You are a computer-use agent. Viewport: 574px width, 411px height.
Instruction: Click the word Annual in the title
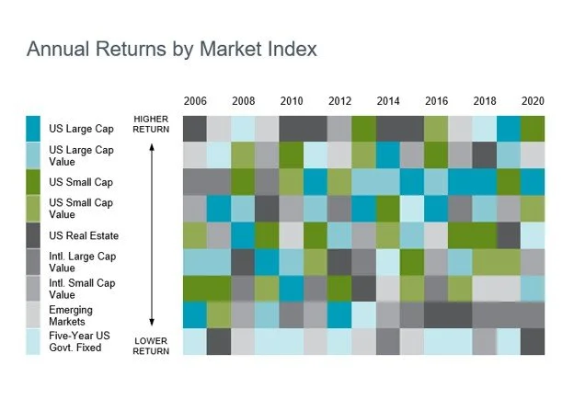[58, 49]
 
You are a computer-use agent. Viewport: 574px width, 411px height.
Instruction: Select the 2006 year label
[195, 101]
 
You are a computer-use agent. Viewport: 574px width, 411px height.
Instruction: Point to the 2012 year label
[339, 101]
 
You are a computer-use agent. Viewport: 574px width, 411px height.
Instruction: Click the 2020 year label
[533, 101]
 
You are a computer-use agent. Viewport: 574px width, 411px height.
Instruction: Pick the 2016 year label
[436, 101]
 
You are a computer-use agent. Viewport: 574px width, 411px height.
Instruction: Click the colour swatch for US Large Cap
[33, 129]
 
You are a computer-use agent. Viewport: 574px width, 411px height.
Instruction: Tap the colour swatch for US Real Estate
[33, 235]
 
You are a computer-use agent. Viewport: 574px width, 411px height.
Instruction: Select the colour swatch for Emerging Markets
[33, 315]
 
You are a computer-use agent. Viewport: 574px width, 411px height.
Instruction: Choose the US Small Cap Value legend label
[81, 208]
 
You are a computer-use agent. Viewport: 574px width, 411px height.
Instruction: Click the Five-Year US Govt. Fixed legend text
[79, 341]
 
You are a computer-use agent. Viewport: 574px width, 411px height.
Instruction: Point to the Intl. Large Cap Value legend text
[83, 262]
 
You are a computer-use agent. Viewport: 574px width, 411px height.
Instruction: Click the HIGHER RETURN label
[151, 124]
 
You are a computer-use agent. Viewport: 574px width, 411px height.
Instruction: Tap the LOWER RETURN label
[151, 346]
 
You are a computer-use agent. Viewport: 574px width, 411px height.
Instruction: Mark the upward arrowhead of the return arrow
[152, 147]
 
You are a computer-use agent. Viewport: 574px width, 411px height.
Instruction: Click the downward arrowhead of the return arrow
[152, 322]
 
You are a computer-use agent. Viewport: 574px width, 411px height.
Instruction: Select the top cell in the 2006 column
[195, 129]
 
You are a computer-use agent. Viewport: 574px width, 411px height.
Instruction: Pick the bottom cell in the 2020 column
[533, 342]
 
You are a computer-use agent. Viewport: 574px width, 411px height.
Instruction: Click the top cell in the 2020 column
[533, 129]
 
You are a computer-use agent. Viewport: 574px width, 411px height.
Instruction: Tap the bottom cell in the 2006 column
[195, 342]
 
